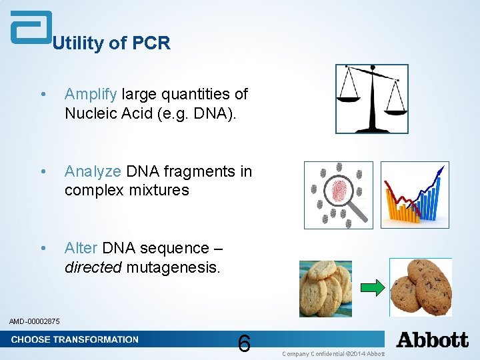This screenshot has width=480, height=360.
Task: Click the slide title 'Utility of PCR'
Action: tap(111, 44)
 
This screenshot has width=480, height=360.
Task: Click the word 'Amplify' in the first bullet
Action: tap(91, 95)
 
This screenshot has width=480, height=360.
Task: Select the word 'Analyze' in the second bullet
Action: tap(93, 172)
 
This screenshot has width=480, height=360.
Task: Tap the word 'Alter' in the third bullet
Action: tap(81, 248)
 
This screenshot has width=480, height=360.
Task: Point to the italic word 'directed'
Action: tap(93, 267)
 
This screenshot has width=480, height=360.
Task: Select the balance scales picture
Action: tap(371, 99)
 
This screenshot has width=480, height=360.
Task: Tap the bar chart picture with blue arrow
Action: tap(414, 195)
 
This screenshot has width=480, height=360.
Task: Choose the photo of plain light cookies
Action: tap(325, 288)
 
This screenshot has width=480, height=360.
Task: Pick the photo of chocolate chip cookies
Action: tap(421, 287)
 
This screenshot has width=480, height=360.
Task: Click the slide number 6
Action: tap(244, 344)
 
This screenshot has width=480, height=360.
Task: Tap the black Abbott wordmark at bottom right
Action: tap(432, 340)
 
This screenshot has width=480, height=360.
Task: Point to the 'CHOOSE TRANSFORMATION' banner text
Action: tap(75, 339)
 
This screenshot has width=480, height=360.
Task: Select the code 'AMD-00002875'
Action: tap(35, 322)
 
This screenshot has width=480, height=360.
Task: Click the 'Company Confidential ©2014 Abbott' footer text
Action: tap(333, 353)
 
